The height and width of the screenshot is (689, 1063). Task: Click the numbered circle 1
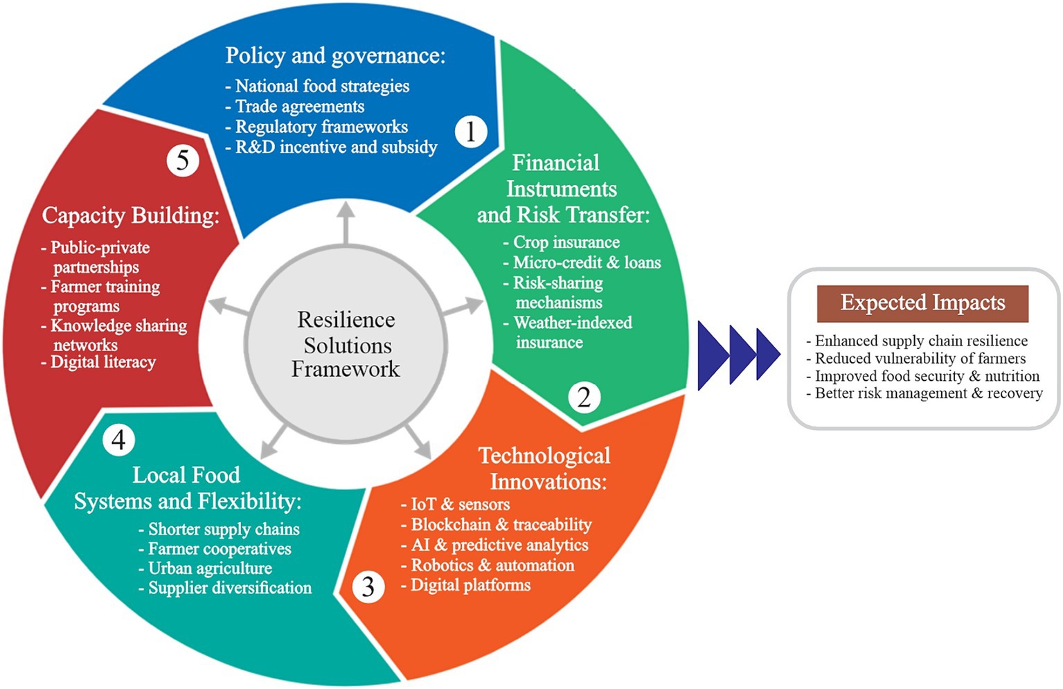point(471,131)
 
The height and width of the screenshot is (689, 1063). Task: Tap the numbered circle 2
point(584,397)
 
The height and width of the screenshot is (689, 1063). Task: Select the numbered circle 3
point(368,587)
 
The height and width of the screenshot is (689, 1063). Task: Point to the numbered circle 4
point(118,440)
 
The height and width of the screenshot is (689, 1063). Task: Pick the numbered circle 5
point(183,161)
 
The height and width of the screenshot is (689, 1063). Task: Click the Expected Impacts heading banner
point(922,303)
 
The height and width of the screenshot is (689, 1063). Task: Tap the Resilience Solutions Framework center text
point(346,344)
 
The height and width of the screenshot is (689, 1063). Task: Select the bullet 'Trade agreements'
point(299,107)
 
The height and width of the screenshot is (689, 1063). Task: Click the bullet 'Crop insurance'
point(566,242)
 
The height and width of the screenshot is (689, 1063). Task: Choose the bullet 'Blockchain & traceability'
point(501,525)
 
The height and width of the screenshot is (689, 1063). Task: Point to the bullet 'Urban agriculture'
point(210,569)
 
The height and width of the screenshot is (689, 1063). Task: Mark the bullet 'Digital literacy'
point(102,362)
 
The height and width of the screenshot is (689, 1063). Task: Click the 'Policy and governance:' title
point(335,55)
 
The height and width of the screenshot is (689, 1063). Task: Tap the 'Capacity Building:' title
point(130,215)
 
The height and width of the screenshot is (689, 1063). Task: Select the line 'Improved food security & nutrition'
point(927,376)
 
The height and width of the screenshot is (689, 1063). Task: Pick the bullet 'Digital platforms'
point(470,585)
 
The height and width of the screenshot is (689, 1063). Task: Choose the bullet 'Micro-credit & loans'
point(587,262)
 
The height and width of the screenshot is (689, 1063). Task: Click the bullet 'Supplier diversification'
point(229,588)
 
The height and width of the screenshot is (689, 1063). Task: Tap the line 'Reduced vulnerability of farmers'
point(920,359)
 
